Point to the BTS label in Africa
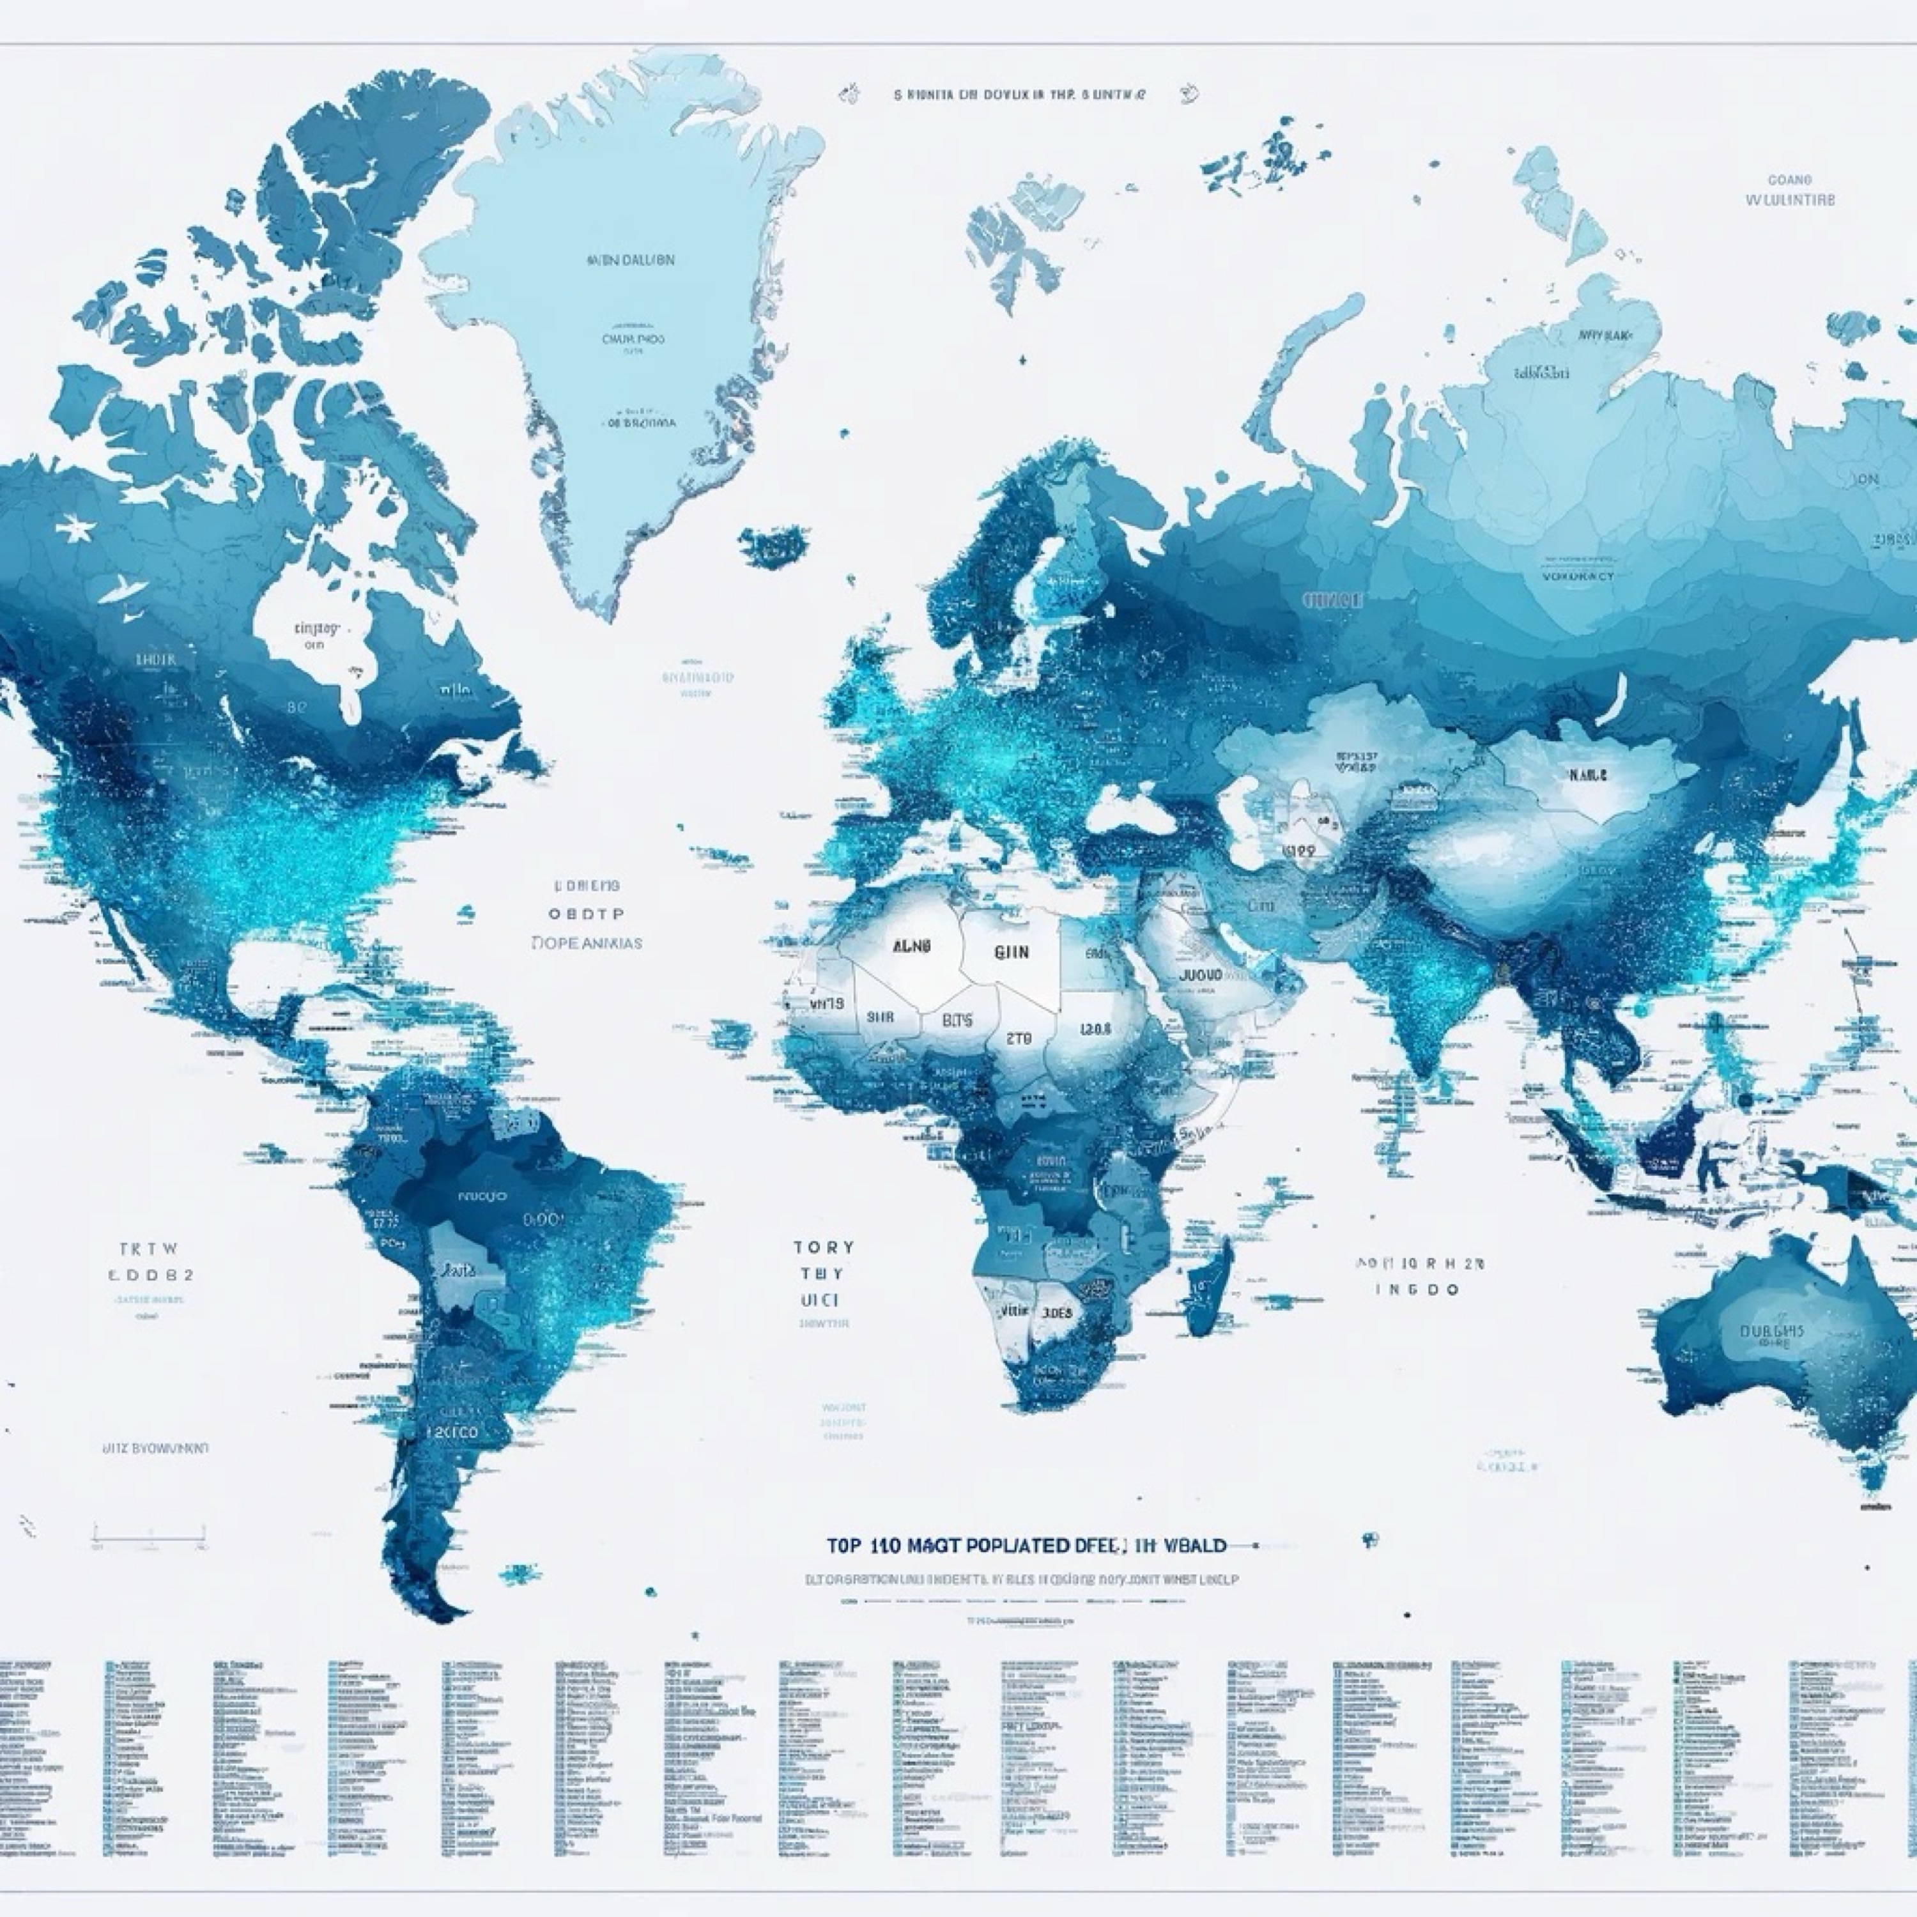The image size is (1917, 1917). pyautogui.click(x=957, y=1020)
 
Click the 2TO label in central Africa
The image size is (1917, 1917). pyautogui.click(x=1019, y=1039)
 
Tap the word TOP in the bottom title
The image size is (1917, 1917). pyautogui.click(x=843, y=1545)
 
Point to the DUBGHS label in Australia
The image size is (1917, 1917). pyautogui.click(x=1771, y=1332)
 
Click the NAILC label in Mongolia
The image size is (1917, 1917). pyautogui.click(x=1587, y=775)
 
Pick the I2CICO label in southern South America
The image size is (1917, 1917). pyautogui.click(x=454, y=1433)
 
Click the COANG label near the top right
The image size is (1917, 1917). pyautogui.click(x=1789, y=180)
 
